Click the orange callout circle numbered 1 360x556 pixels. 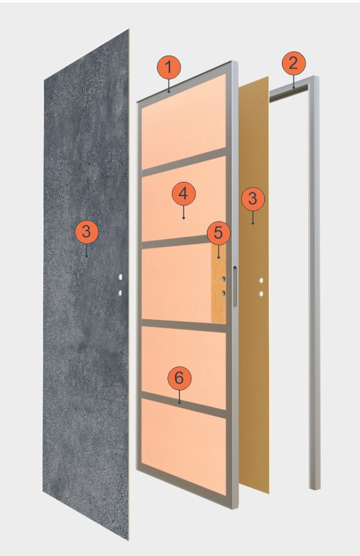169,67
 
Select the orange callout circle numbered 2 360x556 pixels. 294,63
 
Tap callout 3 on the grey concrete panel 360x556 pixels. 86,232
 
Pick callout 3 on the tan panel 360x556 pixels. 253,199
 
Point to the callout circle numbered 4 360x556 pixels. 184,194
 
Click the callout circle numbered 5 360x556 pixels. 219,233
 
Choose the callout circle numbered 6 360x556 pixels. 179,378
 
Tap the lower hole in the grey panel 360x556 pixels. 120,292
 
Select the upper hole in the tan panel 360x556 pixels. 261,280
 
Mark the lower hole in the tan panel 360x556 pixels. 261,294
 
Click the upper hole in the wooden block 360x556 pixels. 224,279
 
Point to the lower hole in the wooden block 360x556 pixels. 224,293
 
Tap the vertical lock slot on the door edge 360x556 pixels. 234,287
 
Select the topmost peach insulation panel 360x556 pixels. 184,122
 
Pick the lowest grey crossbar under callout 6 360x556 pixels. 184,405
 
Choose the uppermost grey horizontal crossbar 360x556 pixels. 184,162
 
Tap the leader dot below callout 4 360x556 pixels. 184,218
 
